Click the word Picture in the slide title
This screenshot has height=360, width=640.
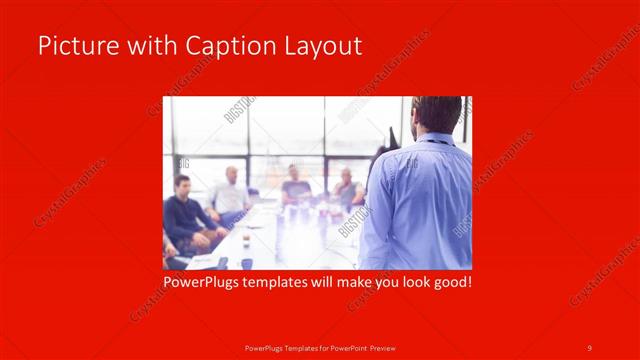coord(72,46)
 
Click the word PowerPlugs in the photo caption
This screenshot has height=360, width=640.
coord(203,283)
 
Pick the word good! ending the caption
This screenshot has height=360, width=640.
coord(450,283)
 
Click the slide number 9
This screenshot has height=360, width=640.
coord(590,347)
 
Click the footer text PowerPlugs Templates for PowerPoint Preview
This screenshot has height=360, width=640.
coord(319,347)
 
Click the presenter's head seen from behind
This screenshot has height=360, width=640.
coord(435,115)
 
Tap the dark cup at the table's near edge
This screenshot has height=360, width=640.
coord(246,264)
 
